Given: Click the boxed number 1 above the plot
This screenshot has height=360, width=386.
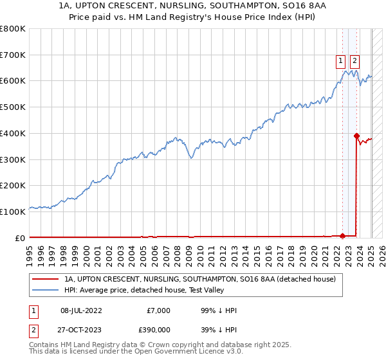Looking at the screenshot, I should point(340,62).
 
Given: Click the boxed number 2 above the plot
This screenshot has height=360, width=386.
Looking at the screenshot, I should point(354,62).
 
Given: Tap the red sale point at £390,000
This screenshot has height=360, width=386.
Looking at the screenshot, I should point(356,136).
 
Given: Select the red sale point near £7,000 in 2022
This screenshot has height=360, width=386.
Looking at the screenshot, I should point(342,235).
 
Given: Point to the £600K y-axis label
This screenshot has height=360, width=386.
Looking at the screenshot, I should point(13,81).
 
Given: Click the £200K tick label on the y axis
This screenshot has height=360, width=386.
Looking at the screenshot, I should point(13,185).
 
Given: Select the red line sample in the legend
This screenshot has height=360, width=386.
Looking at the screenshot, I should point(46,280).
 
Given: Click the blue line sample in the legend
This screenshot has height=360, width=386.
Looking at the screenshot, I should point(46,291).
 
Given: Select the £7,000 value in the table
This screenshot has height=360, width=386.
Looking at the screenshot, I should point(158,310).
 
